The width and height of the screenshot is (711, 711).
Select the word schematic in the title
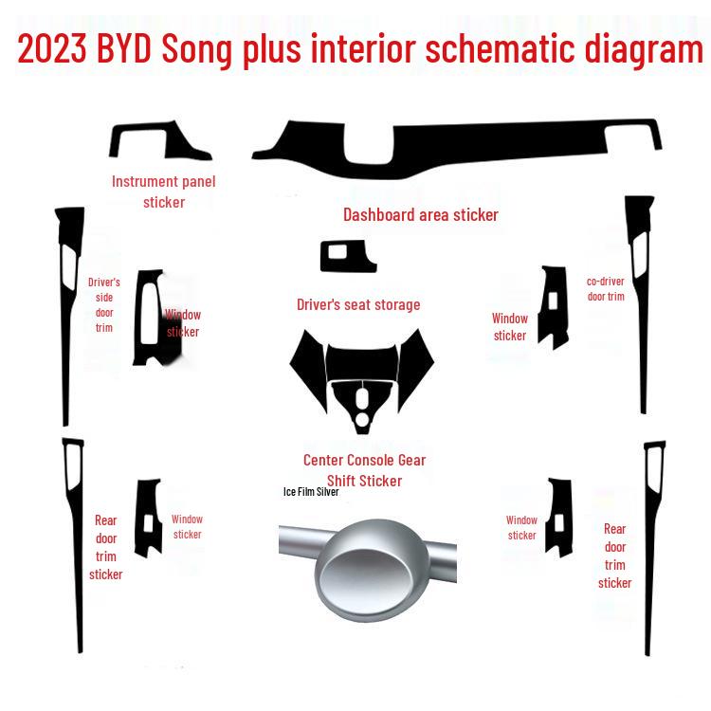(513, 49)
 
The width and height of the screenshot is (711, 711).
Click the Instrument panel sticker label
(164, 191)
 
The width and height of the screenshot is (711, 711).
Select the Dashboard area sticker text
(420, 215)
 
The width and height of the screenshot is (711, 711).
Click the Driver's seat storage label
(358, 304)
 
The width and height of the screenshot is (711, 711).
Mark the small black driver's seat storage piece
(346, 256)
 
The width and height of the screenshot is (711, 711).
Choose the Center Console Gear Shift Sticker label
(364, 470)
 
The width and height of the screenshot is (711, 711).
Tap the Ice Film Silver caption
(310, 492)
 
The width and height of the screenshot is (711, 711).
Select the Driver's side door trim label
(103, 305)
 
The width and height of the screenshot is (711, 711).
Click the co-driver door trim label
(606, 289)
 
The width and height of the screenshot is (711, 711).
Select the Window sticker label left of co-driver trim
(509, 327)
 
